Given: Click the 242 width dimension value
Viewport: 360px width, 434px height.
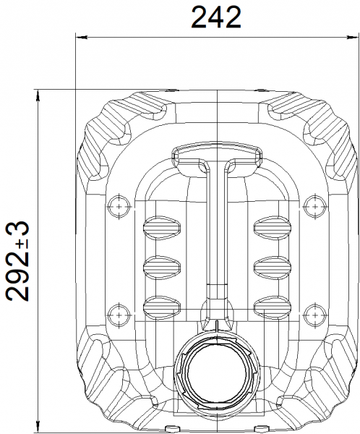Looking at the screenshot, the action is [216, 17].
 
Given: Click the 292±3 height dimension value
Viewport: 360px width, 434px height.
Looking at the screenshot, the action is [18, 261].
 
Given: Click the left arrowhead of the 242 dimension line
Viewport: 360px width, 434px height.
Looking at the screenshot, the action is [82, 37].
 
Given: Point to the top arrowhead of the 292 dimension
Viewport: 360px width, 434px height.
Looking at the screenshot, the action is [38, 95].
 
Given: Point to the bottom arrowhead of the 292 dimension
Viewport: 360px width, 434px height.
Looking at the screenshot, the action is [38, 427].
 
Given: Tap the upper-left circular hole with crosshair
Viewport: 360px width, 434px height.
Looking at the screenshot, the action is [119, 206].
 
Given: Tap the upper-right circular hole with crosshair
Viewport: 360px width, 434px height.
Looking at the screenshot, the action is [315, 206].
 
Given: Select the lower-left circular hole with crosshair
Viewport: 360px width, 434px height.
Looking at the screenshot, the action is [119, 315].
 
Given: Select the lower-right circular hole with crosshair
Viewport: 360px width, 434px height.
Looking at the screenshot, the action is [315, 315].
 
